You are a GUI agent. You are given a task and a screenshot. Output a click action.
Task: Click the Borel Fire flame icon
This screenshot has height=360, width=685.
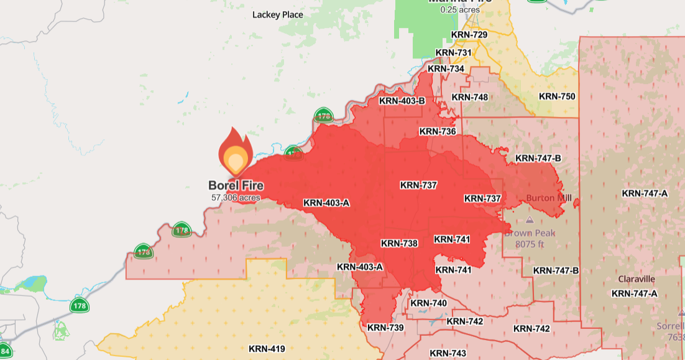point(235,153)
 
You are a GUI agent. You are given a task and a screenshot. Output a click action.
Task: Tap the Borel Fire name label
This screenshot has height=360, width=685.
point(236,185)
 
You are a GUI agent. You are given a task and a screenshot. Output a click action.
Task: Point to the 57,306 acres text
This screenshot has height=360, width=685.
point(236,197)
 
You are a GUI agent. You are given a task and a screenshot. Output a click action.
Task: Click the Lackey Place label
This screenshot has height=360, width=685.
point(278,14)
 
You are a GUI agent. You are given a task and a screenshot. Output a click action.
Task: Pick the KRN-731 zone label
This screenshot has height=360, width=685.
point(454,53)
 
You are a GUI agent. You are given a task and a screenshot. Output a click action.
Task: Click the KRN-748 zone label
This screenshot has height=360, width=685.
point(469,97)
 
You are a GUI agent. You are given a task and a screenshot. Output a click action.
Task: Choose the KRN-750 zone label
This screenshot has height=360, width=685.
point(557,96)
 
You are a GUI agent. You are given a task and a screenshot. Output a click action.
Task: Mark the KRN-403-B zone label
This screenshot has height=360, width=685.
point(402,101)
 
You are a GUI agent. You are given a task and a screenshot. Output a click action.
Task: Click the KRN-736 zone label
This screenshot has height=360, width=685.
point(438,131)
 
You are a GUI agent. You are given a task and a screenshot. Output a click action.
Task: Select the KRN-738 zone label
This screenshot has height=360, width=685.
point(399,243)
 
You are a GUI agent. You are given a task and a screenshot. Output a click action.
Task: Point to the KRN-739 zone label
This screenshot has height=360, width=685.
point(385,327)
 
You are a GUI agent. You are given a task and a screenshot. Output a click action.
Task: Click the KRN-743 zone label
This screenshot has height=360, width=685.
point(448,353)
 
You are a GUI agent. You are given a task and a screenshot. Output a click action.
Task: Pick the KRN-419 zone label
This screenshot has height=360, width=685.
point(267,349)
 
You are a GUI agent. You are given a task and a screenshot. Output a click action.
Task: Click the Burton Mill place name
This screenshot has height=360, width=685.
point(549,198)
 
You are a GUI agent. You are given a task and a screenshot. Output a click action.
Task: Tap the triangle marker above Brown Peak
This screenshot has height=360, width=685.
point(530,220)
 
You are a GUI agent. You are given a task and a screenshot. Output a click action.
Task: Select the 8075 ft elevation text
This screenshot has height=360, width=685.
point(530,244)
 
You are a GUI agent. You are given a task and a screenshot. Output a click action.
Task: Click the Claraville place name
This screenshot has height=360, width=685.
point(637,279)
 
